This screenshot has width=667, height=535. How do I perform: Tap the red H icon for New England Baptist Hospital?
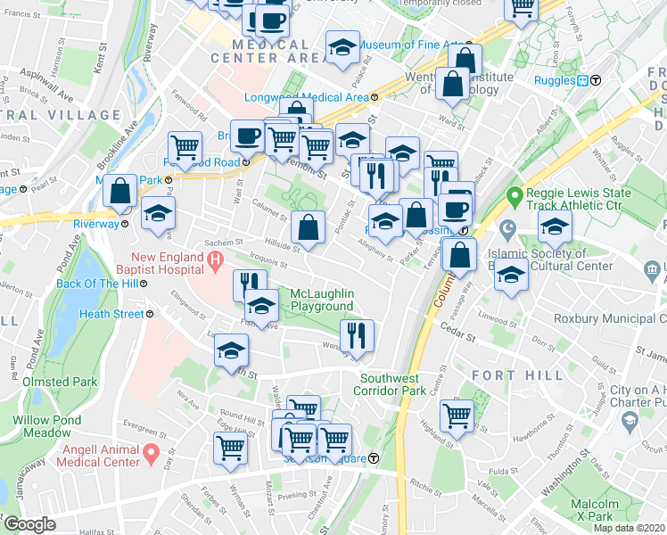coord(214,259)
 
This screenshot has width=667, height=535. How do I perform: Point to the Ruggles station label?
coord(553,80)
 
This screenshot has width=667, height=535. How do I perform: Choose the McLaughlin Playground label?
coord(322,300)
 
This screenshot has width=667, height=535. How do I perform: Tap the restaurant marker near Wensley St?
coord(358,335)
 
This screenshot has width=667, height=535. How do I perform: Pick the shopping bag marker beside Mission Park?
coord(119,190)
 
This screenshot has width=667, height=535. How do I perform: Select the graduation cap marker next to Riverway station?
coord(159,214)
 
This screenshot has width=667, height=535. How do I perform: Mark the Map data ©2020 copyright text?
coord(630,528)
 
